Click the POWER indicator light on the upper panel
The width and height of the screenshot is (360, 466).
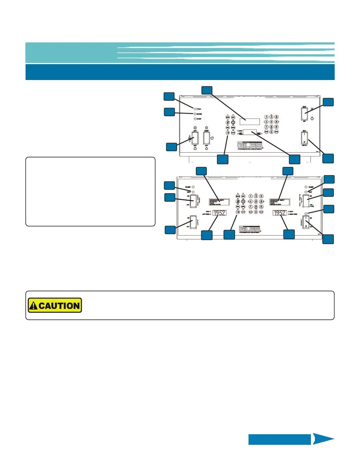(195, 109)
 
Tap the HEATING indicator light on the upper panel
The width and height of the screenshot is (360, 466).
(195, 114)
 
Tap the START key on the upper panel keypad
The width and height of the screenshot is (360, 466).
(276, 132)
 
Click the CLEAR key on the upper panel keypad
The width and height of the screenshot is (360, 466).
(266, 132)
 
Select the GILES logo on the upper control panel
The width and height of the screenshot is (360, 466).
(250, 145)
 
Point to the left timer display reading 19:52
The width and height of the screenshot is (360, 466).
(219, 213)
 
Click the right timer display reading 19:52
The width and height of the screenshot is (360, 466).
(280, 213)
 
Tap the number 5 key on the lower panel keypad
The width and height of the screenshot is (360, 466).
(256, 202)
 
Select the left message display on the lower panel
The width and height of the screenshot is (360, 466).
(219, 202)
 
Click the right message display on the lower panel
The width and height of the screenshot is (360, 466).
(280, 202)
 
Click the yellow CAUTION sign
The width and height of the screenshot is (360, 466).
(55, 305)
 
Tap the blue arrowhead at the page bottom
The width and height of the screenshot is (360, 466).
(323, 439)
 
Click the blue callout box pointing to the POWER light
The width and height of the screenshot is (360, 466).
(169, 97)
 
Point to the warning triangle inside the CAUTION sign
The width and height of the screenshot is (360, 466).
(34, 306)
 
